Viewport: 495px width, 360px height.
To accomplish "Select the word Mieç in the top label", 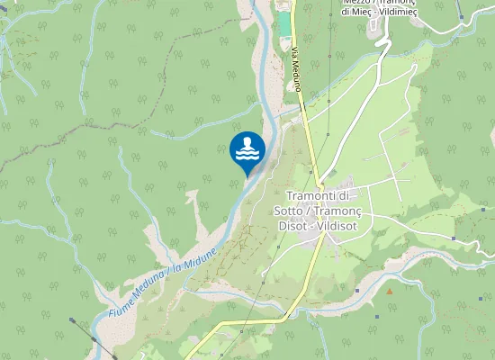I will (357, 13).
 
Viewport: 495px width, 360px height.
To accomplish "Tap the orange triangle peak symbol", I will (390, 291).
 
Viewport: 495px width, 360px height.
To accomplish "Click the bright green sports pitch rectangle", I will (284, 24).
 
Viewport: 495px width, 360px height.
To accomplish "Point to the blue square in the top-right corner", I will (461, 15).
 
